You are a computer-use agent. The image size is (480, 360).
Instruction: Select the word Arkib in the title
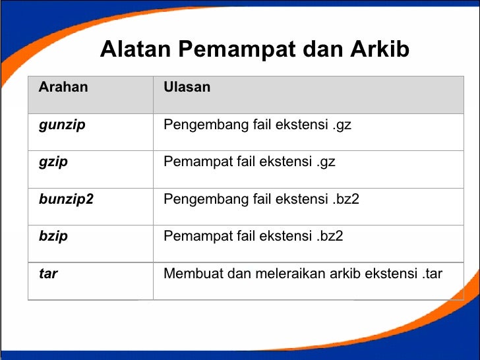click(380, 49)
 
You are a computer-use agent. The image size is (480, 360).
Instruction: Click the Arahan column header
click(63, 87)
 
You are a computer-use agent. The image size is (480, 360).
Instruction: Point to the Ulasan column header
click(187, 87)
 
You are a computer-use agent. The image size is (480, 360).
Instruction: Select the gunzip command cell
click(62, 125)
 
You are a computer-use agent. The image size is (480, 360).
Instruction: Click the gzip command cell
click(53, 162)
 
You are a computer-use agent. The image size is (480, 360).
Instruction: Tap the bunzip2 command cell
click(66, 198)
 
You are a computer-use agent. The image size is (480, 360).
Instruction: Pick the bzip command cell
click(53, 236)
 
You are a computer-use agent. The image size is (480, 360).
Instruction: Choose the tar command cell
click(48, 273)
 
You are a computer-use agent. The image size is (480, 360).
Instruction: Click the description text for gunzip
click(257, 125)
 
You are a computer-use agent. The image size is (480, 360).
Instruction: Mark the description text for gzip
click(249, 162)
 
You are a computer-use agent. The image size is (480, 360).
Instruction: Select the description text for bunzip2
click(261, 198)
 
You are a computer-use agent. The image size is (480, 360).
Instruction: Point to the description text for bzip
click(253, 236)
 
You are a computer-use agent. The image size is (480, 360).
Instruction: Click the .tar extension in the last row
click(431, 273)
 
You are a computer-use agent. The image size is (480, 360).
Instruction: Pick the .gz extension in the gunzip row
click(342, 125)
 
